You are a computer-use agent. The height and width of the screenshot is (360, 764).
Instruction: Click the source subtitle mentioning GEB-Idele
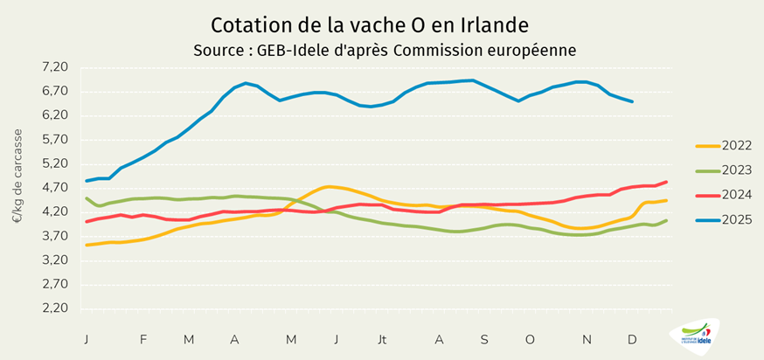[385, 50]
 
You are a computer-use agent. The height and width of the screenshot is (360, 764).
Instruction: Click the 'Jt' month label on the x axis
[382, 339]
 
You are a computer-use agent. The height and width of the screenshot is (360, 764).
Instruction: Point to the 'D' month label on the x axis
[632, 339]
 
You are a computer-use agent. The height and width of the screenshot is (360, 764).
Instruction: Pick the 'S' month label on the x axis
[483, 339]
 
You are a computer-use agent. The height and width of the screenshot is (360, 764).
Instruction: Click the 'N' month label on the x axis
[587, 339]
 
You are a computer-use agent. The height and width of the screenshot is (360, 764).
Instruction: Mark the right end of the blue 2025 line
[632, 102]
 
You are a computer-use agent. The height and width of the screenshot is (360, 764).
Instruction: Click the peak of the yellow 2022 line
[329, 186]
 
